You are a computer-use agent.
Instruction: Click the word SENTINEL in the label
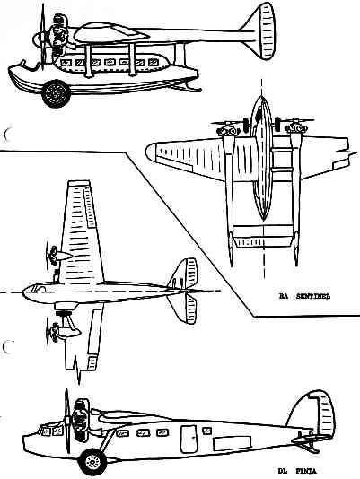pos(313,296)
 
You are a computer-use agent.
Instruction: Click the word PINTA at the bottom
pos(306,471)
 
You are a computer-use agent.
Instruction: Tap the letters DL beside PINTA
pos(283,471)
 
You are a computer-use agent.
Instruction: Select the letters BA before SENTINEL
pos(284,296)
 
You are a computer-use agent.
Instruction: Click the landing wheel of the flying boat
pos(56,93)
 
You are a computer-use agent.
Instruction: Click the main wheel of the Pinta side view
pos(92,462)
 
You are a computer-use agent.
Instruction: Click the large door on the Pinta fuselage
pos(189,439)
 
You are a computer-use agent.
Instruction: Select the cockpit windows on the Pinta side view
pos(50,431)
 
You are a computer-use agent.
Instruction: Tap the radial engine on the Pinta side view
pos(79,423)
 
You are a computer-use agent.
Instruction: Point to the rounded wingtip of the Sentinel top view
pos(151,152)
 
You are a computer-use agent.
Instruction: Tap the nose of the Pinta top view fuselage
pos(24,292)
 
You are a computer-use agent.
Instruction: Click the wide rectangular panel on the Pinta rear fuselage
pos(233,443)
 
